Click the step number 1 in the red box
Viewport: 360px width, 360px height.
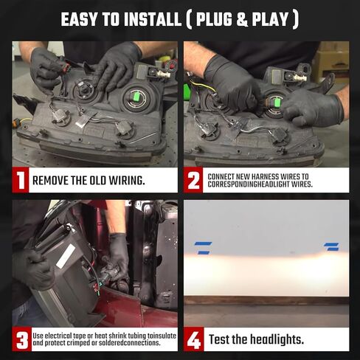(x=21, y=180)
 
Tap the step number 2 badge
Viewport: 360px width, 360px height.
(x=193, y=180)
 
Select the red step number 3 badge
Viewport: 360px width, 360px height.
(x=22, y=339)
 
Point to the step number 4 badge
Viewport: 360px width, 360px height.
(x=194, y=339)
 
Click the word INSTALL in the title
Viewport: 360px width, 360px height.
(x=152, y=20)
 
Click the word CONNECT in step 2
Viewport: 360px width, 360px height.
(x=221, y=176)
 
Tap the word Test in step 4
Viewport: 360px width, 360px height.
(x=219, y=339)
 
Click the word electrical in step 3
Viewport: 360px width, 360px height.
(x=59, y=336)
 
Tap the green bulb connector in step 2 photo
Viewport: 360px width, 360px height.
(x=277, y=102)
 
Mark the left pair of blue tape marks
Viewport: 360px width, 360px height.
(x=204, y=248)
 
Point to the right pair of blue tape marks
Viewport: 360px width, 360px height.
(x=331, y=246)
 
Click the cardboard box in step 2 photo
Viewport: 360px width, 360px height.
(x=333, y=59)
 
